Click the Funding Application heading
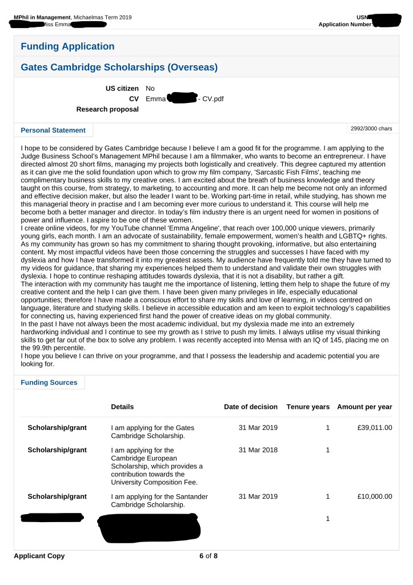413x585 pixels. coord(67,46)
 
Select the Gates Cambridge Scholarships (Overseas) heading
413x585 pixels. coord(119,67)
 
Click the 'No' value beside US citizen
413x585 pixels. coord(150,89)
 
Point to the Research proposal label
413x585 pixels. coord(107,109)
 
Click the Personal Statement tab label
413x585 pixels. coord(53,130)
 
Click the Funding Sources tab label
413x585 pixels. coord(49,383)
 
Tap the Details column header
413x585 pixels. coord(122,407)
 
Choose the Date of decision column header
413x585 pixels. coord(251,407)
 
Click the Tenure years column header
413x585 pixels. coord(308,407)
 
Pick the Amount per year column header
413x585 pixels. coord(364,407)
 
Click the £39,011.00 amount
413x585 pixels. coord(374,428)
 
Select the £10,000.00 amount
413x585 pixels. coord(374,496)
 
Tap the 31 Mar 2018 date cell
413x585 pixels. coord(258,450)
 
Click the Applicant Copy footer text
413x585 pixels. coord(39,556)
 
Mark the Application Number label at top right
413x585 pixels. coord(345,25)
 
